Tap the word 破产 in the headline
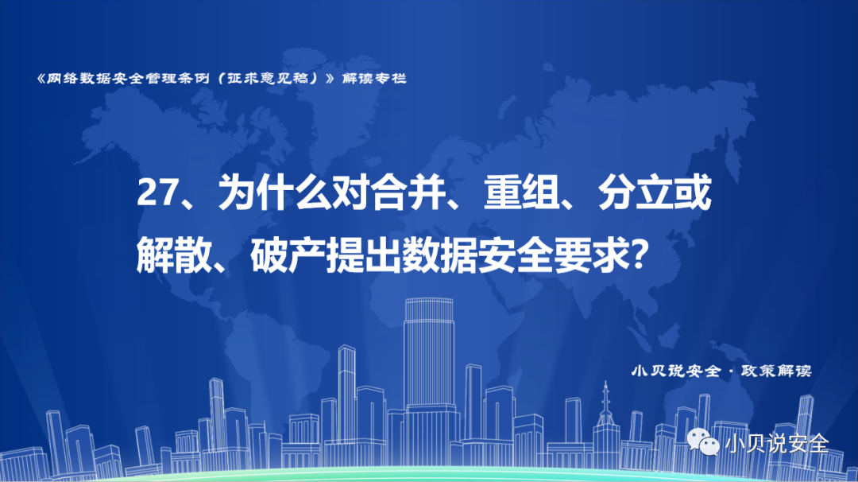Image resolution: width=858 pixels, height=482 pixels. point(288,255)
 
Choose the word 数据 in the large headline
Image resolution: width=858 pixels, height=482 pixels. point(440,255)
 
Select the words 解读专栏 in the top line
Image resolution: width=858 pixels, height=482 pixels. point(374,79)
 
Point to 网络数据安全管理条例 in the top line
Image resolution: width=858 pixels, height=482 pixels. point(128,79)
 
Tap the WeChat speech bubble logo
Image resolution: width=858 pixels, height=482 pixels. point(703,441)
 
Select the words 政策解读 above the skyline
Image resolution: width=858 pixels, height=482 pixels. point(776,371)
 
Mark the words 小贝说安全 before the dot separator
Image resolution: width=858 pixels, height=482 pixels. point(676,371)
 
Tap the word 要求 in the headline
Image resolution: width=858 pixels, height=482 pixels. point(591,255)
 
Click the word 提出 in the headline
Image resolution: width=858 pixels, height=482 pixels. point(364,255)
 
